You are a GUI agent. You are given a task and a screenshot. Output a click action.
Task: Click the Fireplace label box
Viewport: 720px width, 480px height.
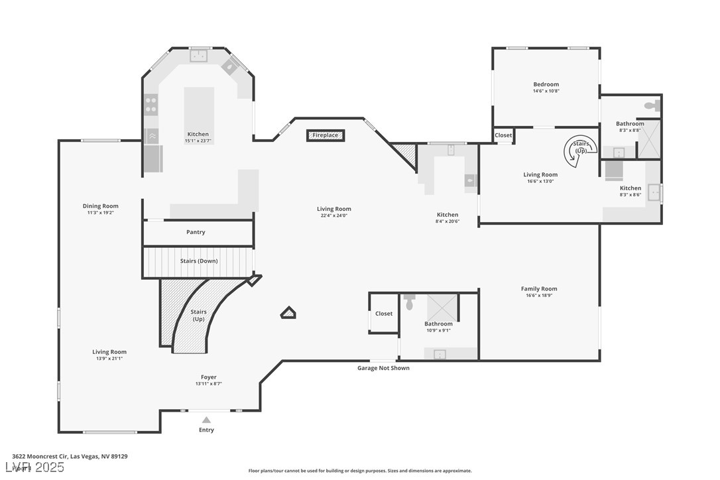[325, 135]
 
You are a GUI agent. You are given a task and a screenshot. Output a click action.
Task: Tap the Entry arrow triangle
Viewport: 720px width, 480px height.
[206, 420]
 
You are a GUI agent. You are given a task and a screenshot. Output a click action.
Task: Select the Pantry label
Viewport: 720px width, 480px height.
[196, 232]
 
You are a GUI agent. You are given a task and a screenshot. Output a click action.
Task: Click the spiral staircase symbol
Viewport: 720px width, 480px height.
[577, 151]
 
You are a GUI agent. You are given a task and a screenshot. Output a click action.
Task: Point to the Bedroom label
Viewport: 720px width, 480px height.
[546, 84]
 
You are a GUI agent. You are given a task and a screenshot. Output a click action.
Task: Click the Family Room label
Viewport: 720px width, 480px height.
[539, 288]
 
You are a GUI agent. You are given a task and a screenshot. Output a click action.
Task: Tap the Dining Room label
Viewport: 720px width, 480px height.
[101, 206]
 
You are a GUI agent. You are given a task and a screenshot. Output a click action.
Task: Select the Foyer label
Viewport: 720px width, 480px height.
[209, 377]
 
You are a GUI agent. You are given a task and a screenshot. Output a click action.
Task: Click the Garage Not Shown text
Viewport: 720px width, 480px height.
[383, 368]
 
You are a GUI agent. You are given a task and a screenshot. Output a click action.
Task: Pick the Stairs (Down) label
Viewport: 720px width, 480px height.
[199, 261]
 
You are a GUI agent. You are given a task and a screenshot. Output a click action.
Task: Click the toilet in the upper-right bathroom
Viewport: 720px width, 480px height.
[651, 105]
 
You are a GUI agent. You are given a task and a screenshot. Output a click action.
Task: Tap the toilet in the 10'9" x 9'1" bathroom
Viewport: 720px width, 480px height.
[409, 302]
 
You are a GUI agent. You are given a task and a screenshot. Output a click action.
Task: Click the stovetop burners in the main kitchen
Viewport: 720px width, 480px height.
[151, 105]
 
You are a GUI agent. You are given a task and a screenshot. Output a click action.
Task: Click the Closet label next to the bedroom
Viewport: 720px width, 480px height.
[503, 135]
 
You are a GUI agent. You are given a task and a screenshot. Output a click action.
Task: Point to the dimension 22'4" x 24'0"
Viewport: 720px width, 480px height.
[333, 215]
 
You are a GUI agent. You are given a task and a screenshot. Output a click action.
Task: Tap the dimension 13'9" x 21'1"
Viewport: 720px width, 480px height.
[109, 359]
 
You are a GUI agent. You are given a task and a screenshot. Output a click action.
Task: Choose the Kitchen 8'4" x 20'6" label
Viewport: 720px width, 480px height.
[448, 215]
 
